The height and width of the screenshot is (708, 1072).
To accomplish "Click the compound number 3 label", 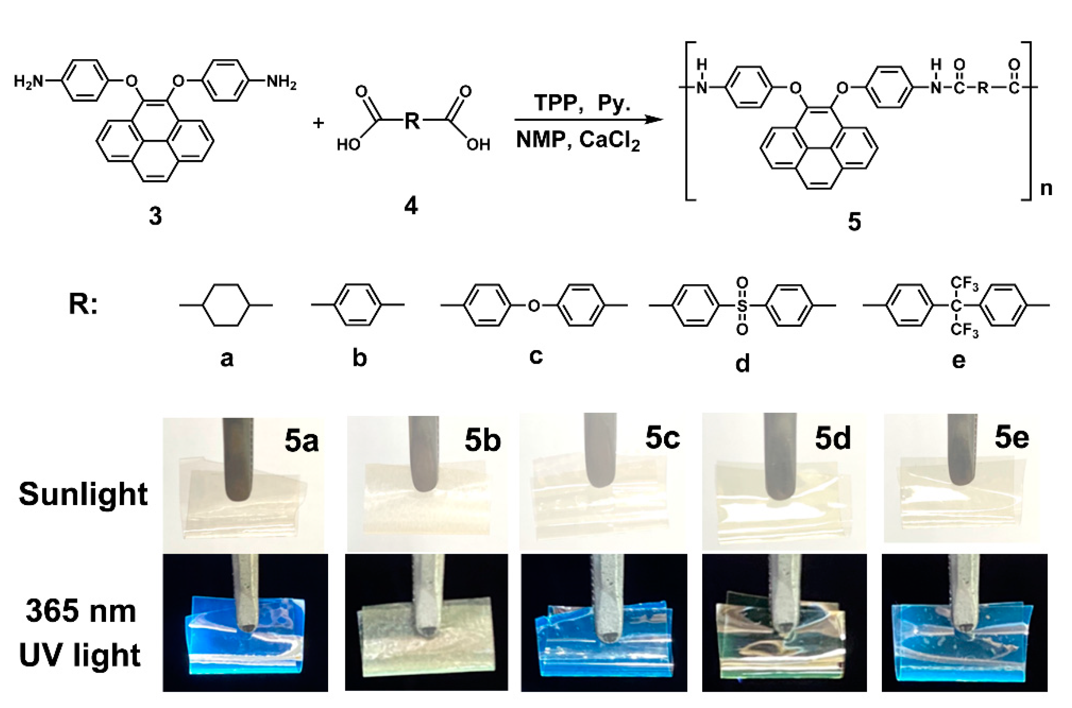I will pos(155,216).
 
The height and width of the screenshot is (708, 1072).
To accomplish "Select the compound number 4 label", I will pos(411,206).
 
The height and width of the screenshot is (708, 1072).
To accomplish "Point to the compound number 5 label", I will pos(854,222).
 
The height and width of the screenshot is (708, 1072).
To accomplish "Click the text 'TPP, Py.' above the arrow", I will pos(582,102).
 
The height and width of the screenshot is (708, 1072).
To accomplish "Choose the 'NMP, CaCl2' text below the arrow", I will pos(578,140).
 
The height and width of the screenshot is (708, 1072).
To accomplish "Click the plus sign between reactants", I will pos(318,122).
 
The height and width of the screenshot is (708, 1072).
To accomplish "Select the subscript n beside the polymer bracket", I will pos(1046,188).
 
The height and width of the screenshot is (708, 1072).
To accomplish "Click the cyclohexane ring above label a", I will pos(226,305).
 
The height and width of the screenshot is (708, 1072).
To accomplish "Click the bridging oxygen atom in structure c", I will pos(533,306).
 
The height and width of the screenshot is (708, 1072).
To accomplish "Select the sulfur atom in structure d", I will pos(742,306).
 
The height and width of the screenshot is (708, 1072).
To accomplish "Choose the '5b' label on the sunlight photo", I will pos(482,440).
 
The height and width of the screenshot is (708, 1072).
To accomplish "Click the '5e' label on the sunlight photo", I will pos(1012,437).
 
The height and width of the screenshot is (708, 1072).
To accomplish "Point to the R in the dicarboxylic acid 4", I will pos(411,121).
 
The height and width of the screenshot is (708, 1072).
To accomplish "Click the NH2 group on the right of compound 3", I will pos(281,82).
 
